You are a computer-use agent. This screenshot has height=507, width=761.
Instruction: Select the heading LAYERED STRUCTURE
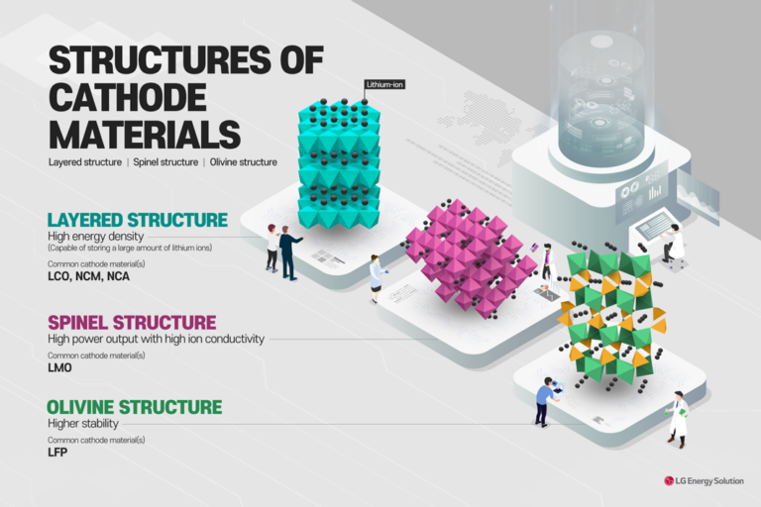(x=138, y=220)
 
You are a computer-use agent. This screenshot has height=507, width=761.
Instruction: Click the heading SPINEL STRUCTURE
(x=132, y=323)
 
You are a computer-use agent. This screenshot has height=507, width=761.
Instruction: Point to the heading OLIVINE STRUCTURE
(x=135, y=407)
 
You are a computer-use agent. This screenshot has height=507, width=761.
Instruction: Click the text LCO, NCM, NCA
(x=88, y=277)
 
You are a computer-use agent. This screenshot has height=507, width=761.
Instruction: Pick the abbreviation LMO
(x=60, y=368)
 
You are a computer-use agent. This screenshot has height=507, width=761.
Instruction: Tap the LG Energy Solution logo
(x=707, y=480)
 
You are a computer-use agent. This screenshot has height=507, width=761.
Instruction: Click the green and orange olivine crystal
(x=609, y=317)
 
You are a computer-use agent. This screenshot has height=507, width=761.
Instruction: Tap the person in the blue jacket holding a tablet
(x=544, y=402)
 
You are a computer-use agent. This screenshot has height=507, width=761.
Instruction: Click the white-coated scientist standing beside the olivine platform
(x=679, y=417)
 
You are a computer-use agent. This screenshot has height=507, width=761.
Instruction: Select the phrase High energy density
(x=95, y=237)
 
